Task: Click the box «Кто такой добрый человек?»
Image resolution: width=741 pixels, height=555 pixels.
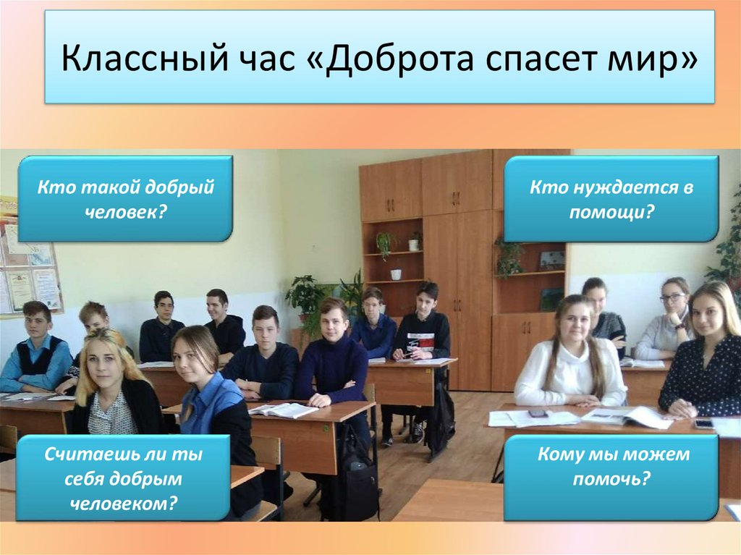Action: tap(125, 198)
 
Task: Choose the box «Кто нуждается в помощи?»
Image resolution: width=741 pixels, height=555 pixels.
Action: tap(611, 198)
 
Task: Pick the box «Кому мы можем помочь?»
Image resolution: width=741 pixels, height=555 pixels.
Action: tap(611, 467)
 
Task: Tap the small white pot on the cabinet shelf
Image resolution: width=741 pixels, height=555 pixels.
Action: tap(396, 274)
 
